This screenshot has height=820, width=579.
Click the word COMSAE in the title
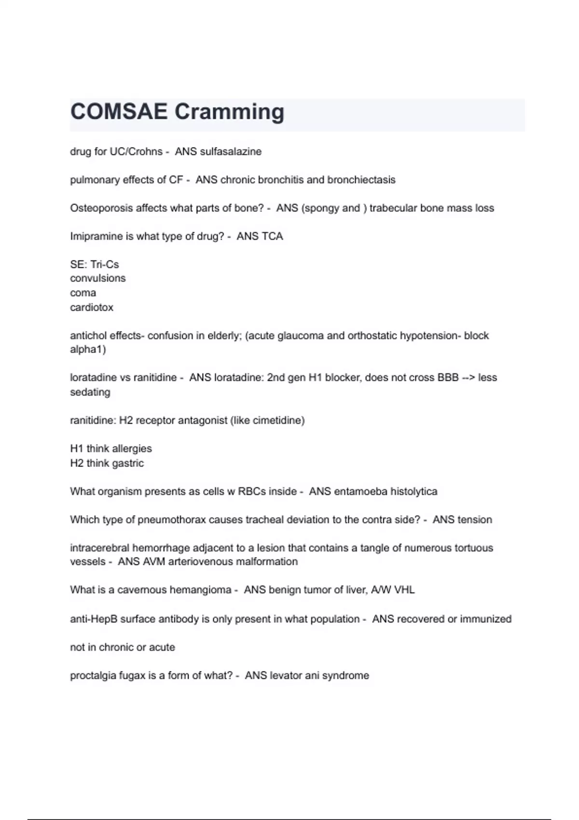(119, 112)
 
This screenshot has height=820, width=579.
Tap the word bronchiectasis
(361, 180)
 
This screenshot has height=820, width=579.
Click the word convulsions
(97, 278)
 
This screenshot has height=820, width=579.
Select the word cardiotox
(92, 307)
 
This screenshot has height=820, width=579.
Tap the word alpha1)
(88, 349)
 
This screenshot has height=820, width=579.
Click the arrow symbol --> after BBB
(468, 378)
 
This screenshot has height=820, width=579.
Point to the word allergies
(132, 449)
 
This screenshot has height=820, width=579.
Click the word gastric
(128, 463)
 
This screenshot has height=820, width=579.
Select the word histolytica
(414, 492)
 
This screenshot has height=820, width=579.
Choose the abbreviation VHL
(404, 590)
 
